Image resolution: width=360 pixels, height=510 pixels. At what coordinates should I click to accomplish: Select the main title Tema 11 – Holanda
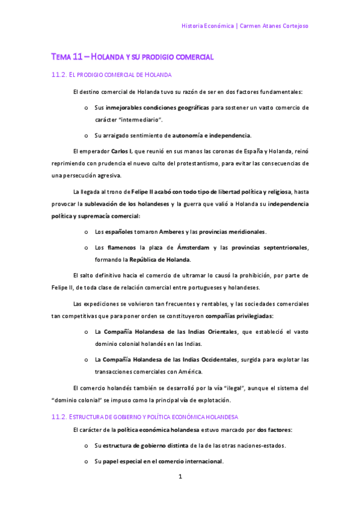click(x=132, y=57)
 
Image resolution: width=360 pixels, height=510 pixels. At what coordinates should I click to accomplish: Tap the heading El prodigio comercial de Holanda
click(x=120, y=75)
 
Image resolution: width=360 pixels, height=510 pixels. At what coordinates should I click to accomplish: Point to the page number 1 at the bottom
click(x=180, y=477)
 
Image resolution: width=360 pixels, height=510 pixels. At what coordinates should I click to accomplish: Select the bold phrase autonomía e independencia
click(x=212, y=135)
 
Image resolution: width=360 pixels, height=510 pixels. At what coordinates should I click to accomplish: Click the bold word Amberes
click(x=172, y=232)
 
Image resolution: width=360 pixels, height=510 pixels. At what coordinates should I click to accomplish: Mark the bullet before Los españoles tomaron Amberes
click(x=87, y=232)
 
